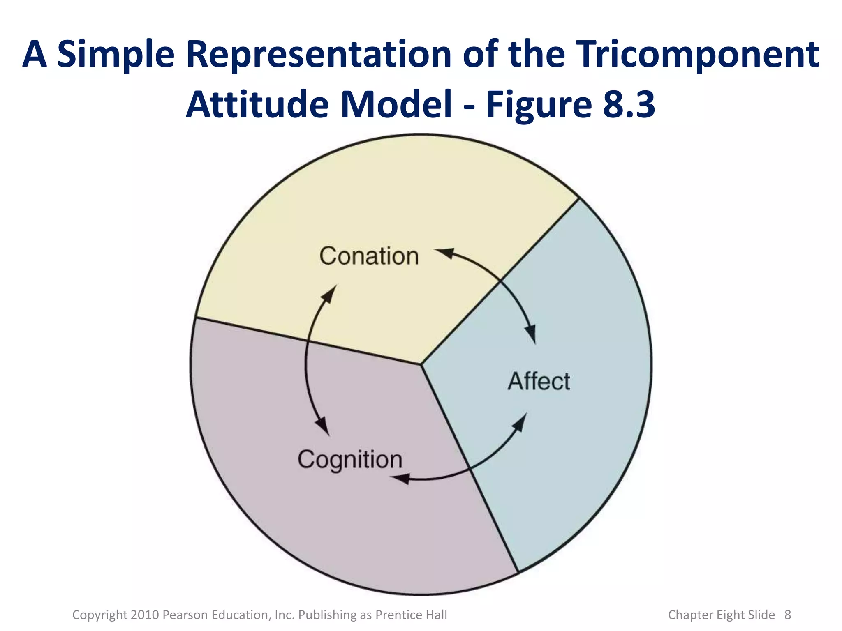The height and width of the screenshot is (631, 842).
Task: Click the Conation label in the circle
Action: point(369,256)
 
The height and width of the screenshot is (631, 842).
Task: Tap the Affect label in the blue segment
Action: point(539,381)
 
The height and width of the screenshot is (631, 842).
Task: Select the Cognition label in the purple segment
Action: point(350,460)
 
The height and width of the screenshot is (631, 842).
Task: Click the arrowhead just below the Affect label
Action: point(520,423)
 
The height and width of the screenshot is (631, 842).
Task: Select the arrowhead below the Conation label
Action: point(329,294)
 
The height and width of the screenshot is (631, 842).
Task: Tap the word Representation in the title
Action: point(319,55)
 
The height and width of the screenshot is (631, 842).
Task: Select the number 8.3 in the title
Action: point(629,104)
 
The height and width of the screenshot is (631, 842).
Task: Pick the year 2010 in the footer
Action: point(145,615)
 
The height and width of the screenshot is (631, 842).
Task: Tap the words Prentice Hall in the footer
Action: point(411,615)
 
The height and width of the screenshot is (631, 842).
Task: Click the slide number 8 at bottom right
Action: point(788,615)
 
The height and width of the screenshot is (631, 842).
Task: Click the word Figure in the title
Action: point(539,104)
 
